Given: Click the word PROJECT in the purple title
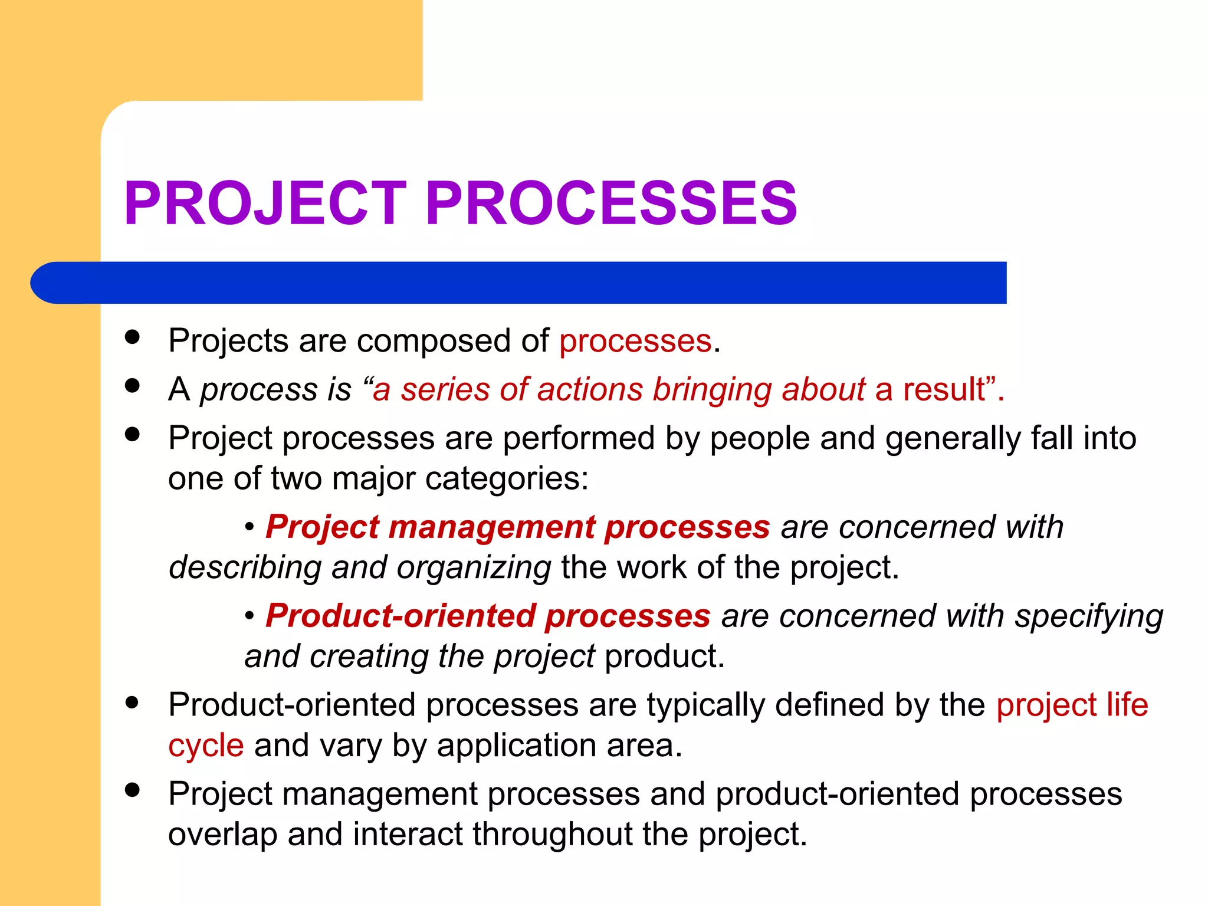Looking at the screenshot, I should pyautogui.click(x=265, y=203).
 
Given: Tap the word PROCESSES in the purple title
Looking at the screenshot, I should pyautogui.click(x=611, y=203).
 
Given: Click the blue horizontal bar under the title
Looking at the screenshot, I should pyautogui.click(x=519, y=283).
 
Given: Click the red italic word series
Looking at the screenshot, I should pyautogui.click(x=445, y=389).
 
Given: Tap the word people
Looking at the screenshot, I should pyautogui.click(x=760, y=439).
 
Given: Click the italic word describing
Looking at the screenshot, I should pyautogui.click(x=245, y=568).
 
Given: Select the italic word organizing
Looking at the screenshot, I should pyautogui.click(x=474, y=568).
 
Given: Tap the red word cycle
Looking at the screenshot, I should pyautogui.click(x=206, y=746).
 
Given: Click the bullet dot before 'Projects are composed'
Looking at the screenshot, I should pyautogui.click(x=133, y=337).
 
